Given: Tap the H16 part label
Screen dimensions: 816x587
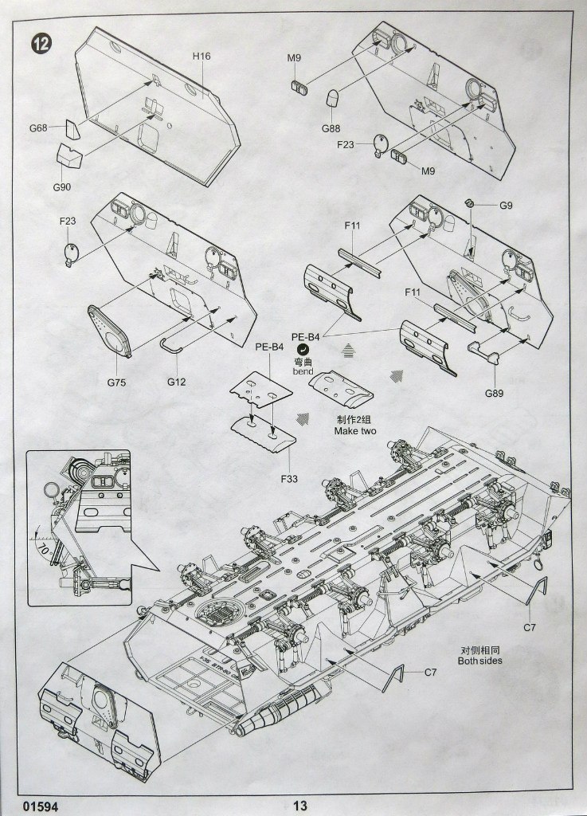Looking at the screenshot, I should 201,57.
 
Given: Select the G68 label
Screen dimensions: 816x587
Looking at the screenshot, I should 39,127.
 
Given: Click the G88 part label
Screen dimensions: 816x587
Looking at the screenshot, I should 331,129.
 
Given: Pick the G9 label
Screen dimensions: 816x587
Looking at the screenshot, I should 507,206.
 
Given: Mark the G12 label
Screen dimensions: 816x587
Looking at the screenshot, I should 176,382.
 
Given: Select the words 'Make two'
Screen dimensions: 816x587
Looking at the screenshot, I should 354,431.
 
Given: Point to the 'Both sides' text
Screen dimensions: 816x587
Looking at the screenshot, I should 480,661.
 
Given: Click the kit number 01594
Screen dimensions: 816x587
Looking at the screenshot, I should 41,806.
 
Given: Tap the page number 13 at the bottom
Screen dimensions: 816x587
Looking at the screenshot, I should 299,806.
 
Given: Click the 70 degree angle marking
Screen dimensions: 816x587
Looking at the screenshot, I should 44,550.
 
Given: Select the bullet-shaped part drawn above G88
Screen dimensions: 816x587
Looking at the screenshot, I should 333,99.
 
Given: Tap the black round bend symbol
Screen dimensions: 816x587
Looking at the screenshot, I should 303,349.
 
